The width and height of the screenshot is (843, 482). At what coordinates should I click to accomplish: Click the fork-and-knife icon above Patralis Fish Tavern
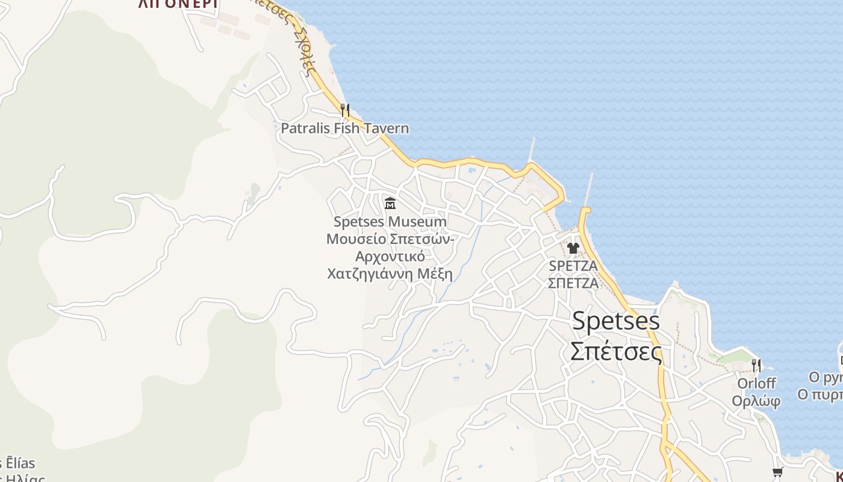[x=345, y=110]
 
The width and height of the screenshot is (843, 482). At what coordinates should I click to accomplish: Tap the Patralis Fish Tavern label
[x=344, y=128]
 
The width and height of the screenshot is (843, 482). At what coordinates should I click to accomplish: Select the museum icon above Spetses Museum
[x=390, y=203]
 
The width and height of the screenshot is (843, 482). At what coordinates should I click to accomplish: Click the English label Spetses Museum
[x=390, y=222]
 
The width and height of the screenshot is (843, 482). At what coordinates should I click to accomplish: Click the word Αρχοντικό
[x=390, y=257]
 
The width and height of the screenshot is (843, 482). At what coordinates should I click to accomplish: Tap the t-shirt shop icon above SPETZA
[x=573, y=248]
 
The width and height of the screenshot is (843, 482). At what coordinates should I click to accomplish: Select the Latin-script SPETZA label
[x=573, y=266]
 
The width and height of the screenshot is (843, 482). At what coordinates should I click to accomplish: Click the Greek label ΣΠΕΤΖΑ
[x=573, y=283]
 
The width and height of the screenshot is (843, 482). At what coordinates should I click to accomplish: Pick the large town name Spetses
[x=615, y=321]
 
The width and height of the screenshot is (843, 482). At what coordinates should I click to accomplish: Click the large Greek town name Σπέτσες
[x=615, y=351]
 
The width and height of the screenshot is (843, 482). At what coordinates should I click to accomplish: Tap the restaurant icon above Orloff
[x=756, y=365]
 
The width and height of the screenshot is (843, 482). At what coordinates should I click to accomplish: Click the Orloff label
[x=756, y=383]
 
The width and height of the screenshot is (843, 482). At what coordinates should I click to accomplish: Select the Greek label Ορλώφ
[x=756, y=400]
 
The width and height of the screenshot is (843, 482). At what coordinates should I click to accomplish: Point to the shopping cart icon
[x=777, y=472]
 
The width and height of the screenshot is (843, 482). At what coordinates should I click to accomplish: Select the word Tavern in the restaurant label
[x=385, y=128]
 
